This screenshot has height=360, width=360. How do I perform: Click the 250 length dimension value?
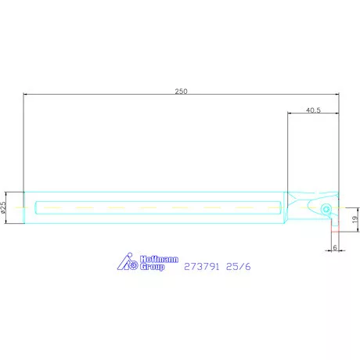coord(181,92)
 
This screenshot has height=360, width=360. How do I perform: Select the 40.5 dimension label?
coord(313,110)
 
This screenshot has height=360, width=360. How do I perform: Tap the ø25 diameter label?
coord(5,207)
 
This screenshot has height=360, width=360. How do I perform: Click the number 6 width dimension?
coord(334,247)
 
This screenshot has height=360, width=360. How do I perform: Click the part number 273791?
coord(201,266)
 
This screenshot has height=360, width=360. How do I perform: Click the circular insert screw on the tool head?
coord(325,208)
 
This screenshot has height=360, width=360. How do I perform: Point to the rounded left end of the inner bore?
coord(37,207)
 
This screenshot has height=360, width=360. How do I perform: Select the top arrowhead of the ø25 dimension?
coord(9,193)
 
